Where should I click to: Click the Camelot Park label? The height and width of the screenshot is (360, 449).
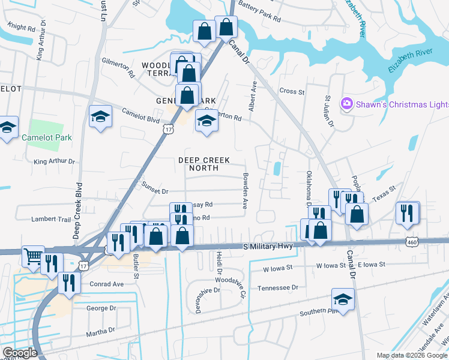pos(47,137)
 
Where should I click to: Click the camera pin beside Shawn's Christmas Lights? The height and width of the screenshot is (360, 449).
pos(346,104)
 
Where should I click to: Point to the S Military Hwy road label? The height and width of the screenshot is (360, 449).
pos(270,247)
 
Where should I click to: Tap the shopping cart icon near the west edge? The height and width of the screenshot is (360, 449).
pos(33,256)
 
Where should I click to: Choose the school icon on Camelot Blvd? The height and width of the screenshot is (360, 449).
pos(101,116)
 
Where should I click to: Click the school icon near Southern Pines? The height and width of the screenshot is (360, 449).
pos(343,298)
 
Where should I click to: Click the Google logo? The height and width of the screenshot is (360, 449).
pos(20,353)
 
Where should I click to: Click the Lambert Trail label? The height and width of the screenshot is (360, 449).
pos(51,220)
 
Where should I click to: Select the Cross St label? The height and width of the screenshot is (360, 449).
pos(292,92)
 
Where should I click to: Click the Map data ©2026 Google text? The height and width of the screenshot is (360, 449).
pos(411,355)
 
